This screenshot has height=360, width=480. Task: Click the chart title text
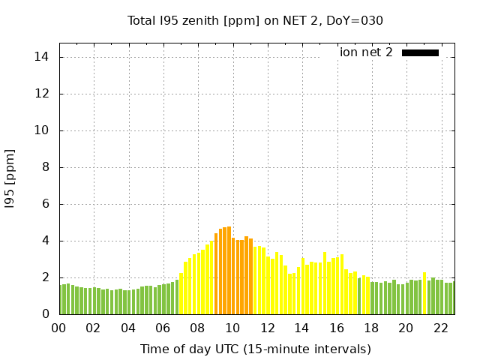pos(255,21)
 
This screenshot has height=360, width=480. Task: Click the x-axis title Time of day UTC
pos(255,349)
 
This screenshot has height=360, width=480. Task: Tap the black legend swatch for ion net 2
pos(420,52)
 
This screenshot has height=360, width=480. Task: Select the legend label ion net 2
pos(366,52)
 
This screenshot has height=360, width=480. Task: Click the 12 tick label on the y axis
pos(43,94)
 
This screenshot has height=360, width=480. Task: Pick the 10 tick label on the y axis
pos(43,130)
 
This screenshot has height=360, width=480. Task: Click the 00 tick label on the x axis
pos(58,328)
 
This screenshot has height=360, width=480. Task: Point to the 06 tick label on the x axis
pos(163,328)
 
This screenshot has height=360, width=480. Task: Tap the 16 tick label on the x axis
pos(336,328)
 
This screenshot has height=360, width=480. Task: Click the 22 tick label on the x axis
pos(440,328)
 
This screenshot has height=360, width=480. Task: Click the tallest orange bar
pos(229,270)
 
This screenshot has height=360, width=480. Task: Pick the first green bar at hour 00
pos(61,300)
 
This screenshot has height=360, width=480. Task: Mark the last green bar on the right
pos(451,299)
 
